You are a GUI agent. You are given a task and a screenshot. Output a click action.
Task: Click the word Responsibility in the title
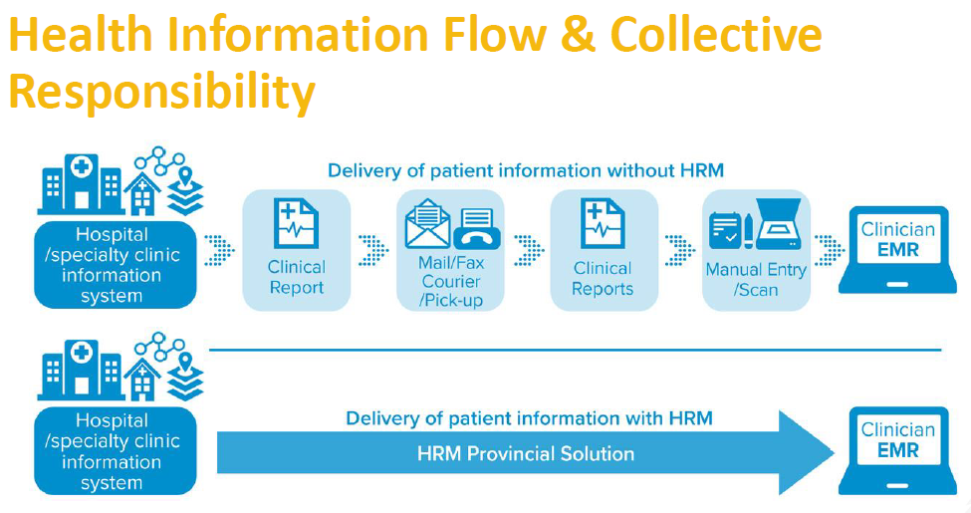pyautogui.click(x=162, y=91)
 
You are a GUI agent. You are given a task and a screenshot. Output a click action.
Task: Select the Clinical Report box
pyautogui.click(x=297, y=250)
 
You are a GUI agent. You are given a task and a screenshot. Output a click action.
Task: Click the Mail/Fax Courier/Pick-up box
pyautogui.click(x=450, y=250)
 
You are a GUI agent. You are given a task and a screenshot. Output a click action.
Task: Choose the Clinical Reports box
pyautogui.click(x=604, y=250)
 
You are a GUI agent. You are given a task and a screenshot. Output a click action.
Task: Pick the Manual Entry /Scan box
pyautogui.click(x=756, y=250)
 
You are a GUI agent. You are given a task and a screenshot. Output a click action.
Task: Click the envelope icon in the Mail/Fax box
pyautogui.click(x=427, y=224)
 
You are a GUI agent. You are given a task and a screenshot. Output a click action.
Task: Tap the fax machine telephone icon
pyautogui.click(x=477, y=229)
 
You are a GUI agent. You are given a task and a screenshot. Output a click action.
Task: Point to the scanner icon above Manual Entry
pyautogui.click(x=779, y=223)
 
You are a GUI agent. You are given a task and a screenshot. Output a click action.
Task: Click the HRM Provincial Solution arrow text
pyautogui.click(x=526, y=453)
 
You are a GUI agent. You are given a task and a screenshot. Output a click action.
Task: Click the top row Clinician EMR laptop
pyautogui.click(x=898, y=250)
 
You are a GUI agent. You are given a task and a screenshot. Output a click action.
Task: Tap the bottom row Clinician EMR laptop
pyautogui.click(x=898, y=450)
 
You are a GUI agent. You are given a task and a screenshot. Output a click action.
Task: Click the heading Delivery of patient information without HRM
pyautogui.click(x=526, y=170)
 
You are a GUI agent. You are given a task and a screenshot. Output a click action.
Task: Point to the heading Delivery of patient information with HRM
pyautogui.click(x=530, y=418)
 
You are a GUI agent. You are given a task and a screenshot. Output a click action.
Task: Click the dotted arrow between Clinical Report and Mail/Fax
pyautogui.click(x=373, y=250)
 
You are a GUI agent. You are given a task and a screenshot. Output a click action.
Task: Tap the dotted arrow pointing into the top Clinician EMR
pyautogui.click(x=830, y=250)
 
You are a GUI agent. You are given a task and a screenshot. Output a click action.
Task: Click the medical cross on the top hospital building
pyautogui.click(x=81, y=166)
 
